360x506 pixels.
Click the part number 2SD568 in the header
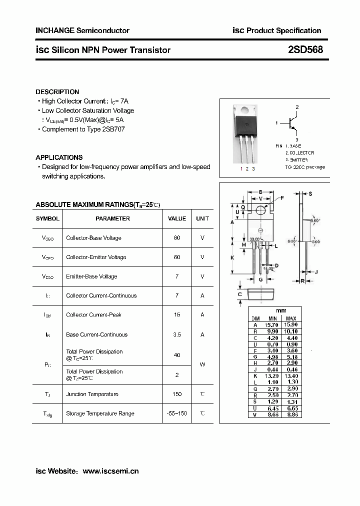pos(305,49)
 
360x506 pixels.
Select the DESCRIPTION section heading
pos(57,92)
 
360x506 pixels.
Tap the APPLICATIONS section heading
pos(59,157)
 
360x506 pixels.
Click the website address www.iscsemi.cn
pos(110,471)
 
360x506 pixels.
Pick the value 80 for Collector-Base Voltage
pos(177,238)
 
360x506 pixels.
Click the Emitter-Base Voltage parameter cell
pos(91,276)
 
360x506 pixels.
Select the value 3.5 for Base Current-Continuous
pos(177,334)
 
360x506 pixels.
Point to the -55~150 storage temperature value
pos(177,413)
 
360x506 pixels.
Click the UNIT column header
pos(202,218)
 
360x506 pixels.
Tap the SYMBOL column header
pos(47,218)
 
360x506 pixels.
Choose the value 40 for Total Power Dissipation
pos(177,355)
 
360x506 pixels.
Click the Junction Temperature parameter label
pos(92,394)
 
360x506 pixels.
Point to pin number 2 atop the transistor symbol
pos(297,107)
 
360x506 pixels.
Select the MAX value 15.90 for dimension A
pos(291,324)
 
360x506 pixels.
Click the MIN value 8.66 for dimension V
pos(272,415)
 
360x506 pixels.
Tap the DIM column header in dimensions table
pos(255,318)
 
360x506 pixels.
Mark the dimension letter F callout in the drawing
pos(282,198)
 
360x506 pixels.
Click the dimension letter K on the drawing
pos(232,257)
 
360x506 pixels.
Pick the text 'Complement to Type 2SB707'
pos(83,129)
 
